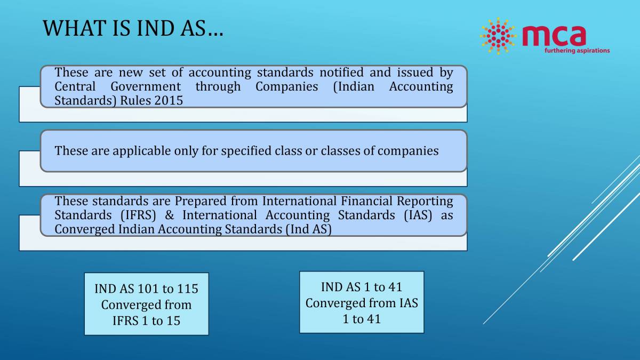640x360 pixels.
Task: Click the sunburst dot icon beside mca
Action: (498, 36)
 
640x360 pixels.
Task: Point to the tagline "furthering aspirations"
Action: (577, 51)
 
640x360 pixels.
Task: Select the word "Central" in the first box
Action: (75, 86)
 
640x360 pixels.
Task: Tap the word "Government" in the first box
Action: (146, 86)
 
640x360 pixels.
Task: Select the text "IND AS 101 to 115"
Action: (146, 289)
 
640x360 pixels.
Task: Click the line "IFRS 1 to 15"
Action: (146, 321)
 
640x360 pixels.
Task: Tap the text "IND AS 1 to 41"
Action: (361, 287)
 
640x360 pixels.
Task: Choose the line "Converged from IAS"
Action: (361, 303)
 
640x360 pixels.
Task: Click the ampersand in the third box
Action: (171, 215)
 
